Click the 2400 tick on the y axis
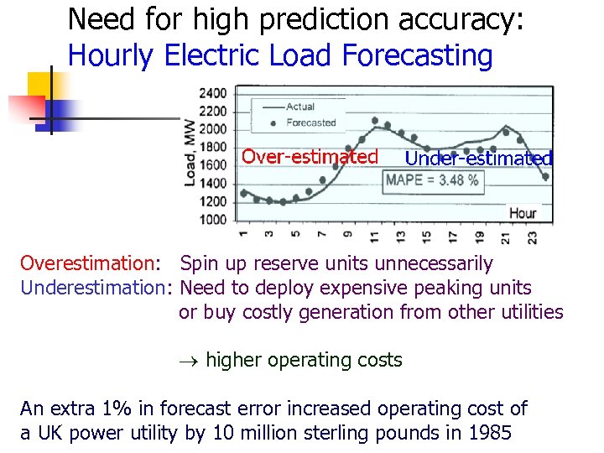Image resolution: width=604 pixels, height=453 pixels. coord(213,93)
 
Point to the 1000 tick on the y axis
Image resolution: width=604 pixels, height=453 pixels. coord(213,219)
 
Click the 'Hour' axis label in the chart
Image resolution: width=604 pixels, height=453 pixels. coord(522,213)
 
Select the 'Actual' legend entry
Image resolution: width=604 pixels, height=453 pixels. coord(300,107)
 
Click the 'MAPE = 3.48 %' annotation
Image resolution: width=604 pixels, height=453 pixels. coord(431,180)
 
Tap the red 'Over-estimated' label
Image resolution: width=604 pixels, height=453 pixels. coord(310,157)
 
